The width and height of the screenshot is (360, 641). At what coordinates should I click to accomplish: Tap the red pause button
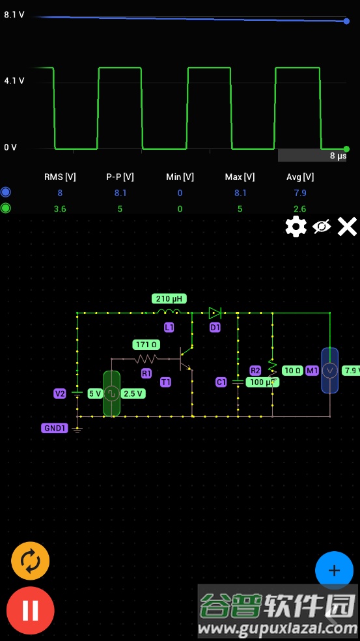(30, 610)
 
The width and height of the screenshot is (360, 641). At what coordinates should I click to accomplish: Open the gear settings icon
(296, 227)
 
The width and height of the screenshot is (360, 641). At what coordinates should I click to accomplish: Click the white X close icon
(347, 227)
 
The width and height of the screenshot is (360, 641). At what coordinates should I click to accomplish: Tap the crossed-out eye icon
(322, 227)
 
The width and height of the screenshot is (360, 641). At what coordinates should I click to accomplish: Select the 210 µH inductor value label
(169, 299)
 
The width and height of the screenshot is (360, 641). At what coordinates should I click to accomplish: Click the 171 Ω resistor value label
(146, 345)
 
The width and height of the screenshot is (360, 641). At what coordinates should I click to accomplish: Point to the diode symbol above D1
(215, 313)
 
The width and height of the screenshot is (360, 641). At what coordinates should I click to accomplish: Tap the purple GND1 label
(54, 429)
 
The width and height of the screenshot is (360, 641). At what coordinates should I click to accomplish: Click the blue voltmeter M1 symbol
(330, 371)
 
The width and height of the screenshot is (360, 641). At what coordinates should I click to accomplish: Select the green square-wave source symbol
(111, 393)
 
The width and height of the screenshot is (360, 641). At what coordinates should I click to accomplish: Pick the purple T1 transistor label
(165, 382)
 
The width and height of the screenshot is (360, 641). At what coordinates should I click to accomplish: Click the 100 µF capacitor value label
(262, 382)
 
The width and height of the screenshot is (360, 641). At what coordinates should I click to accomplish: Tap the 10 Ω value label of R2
(292, 371)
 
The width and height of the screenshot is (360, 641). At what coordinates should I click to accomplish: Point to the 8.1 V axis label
(14, 15)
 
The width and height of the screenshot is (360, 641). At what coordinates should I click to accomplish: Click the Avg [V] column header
(300, 177)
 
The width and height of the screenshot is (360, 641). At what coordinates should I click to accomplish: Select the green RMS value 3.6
(60, 209)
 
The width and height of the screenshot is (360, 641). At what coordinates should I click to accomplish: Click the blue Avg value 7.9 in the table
(300, 193)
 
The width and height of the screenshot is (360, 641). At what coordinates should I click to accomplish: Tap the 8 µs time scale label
(338, 156)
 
